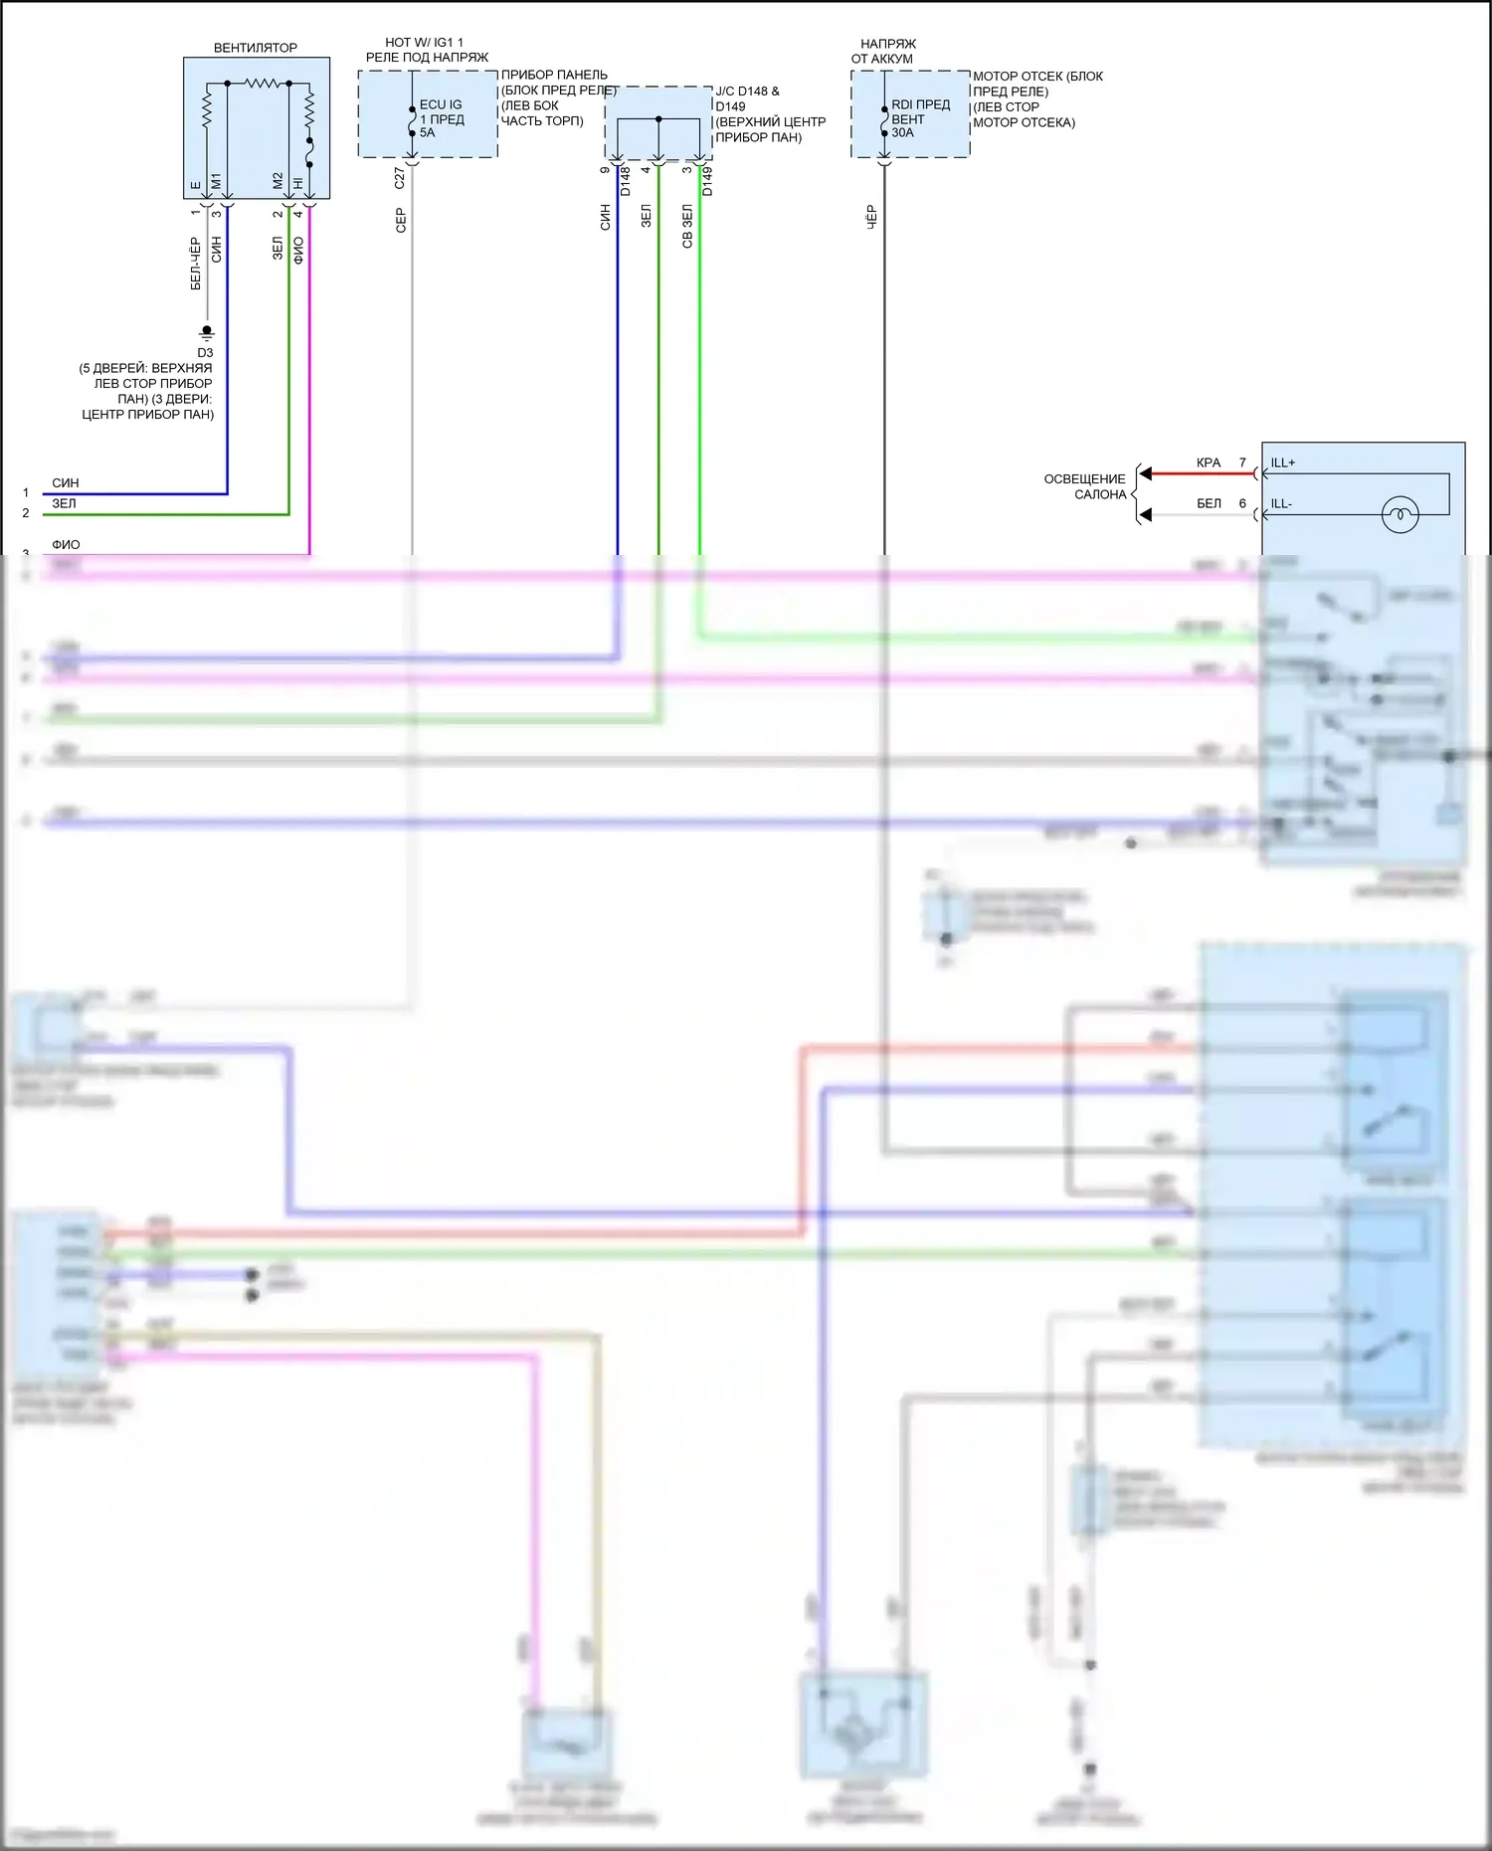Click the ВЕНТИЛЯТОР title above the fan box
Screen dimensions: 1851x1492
[x=256, y=48]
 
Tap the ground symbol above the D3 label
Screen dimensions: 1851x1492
[x=207, y=331]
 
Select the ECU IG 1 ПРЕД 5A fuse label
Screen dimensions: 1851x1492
[x=441, y=118]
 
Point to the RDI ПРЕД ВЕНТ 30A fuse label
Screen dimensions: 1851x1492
[x=920, y=118]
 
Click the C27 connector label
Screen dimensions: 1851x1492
[x=400, y=178]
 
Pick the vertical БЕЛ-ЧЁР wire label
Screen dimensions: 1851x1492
[x=196, y=264]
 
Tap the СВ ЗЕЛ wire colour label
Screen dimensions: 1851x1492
[x=687, y=227]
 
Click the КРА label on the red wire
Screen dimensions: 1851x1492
[x=1209, y=463]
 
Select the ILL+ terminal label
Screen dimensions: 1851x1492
[x=1283, y=463]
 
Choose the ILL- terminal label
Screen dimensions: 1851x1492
[x=1281, y=504]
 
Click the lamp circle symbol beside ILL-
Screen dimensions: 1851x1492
[x=1399, y=514]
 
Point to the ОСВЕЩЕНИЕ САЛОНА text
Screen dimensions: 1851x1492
[x=1085, y=486]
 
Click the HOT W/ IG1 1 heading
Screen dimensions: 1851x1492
[x=425, y=43]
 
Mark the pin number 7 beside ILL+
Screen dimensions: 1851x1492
[x=1242, y=463]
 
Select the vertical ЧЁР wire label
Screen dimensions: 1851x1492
[x=871, y=218]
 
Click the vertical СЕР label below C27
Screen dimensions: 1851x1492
[x=401, y=220]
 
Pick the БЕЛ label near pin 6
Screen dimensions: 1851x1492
[x=1209, y=504]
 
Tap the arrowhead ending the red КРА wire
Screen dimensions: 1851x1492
[x=1145, y=473]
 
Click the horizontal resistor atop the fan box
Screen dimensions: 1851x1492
[x=266, y=83]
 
